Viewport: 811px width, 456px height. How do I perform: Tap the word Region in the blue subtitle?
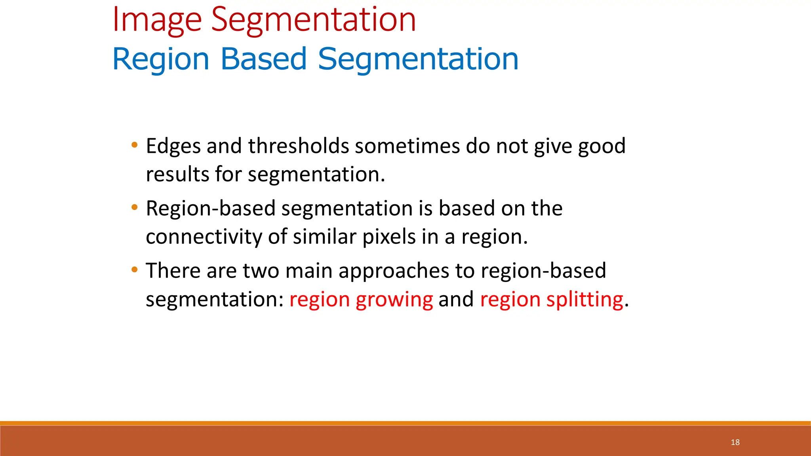pos(160,59)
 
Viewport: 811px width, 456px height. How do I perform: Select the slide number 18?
pos(735,442)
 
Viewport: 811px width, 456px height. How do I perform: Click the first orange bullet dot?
pos(135,145)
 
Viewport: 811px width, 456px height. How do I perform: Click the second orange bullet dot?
pos(135,207)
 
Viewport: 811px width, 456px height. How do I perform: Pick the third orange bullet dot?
pos(135,270)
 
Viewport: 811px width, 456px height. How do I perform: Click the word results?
pos(177,175)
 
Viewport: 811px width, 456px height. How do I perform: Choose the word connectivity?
pos(204,237)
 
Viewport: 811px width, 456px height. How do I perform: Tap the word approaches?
pos(394,272)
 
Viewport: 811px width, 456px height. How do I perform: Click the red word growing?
pos(394,300)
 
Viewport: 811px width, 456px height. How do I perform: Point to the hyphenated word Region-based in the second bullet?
pos(210,209)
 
